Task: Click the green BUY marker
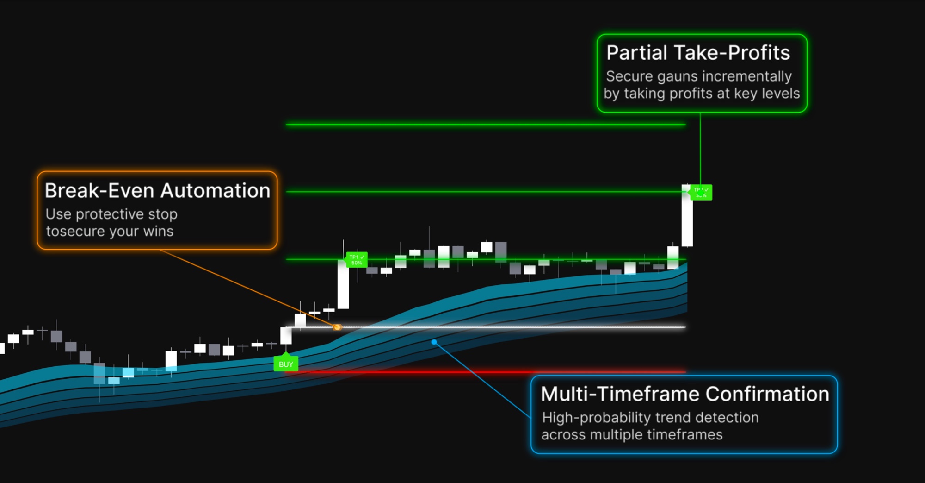coord(286,364)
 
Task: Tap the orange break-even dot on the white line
coord(337,327)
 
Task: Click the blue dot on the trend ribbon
coord(434,342)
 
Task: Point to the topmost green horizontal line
coord(486,125)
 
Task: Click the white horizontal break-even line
coord(509,327)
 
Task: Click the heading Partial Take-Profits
coord(698,53)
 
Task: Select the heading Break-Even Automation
coord(157,191)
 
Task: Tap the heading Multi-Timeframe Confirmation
coord(684,394)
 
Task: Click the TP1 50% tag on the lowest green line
coord(357,260)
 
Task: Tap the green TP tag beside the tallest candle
coord(701,192)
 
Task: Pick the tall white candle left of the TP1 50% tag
coord(343,285)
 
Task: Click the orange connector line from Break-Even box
coord(245,287)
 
